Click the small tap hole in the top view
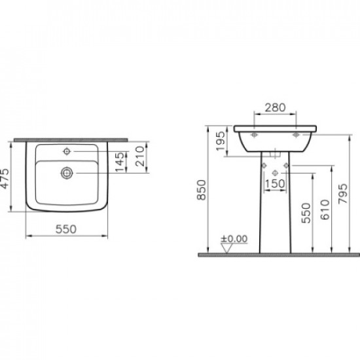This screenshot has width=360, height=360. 67,152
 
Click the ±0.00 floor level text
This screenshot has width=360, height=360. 236,239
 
